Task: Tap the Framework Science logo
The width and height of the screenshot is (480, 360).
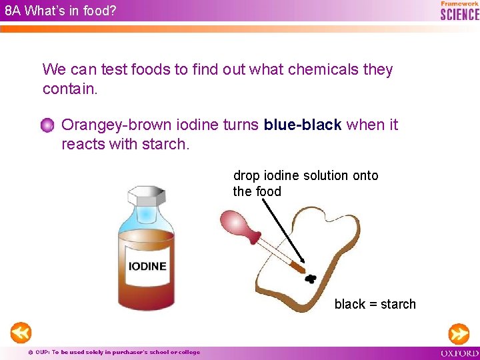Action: pyautogui.click(x=459, y=11)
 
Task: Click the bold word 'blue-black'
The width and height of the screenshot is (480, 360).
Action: pyautogui.click(x=303, y=125)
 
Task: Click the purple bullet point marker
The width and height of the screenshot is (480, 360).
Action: pyautogui.click(x=47, y=125)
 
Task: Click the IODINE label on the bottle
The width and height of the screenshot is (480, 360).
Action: pyautogui.click(x=147, y=266)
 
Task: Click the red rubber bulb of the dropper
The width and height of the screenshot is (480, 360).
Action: pyautogui.click(x=235, y=223)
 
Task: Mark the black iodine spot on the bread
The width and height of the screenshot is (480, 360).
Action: pyautogui.click(x=310, y=277)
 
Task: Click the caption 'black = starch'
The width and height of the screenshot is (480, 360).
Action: pyautogui.click(x=375, y=304)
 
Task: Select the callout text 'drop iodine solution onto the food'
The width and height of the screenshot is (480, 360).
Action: pyautogui.click(x=305, y=183)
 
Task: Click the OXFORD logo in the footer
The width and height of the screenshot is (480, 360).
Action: pyautogui.click(x=459, y=353)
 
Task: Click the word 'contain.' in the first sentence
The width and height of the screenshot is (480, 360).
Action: pyautogui.click(x=70, y=89)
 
